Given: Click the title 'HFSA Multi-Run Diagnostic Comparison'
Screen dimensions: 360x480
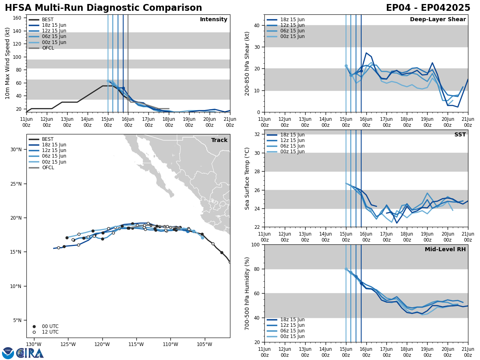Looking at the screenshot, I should pos(103,8).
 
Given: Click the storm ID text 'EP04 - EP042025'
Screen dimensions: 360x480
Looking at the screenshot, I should pos(428,8).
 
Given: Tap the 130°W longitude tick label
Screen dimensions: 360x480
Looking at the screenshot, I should pos(34,344).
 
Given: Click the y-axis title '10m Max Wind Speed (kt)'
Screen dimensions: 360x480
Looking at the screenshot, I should pos(8,63).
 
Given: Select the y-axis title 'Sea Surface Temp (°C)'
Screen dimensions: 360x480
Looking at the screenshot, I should pos(247,178).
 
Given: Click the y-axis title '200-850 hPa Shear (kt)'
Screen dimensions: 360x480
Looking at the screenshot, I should pos(247,63).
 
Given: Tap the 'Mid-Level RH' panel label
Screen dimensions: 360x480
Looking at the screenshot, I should pos(445,250).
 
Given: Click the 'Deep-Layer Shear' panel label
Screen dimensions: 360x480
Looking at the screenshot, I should pos(438,20).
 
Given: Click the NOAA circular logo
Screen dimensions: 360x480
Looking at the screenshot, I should pos(8,353).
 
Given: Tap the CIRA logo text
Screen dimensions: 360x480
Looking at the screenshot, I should pos(30,353).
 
